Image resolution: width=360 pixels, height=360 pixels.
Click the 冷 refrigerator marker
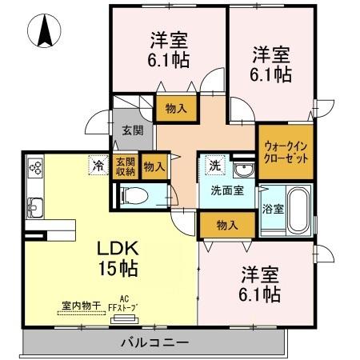tap(97, 166)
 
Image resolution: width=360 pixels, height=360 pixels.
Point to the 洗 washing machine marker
tap(213, 166)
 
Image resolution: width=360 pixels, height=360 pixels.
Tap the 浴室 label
tap(272, 210)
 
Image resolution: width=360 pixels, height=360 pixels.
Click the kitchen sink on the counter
tap(35, 205)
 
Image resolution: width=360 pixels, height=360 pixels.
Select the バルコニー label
tap(154, 342)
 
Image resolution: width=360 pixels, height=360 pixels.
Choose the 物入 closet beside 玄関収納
tap(154, 166)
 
